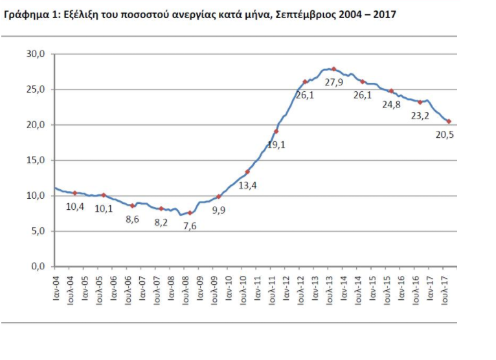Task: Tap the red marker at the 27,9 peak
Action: (333, 69)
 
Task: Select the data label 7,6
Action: (189, 226)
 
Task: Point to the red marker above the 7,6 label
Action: (190, 212)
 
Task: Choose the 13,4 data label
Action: (247, 186)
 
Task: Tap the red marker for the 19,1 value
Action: (276, 131)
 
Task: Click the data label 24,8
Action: (392, 105)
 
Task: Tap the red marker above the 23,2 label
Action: (420, 102)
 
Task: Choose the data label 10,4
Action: (75, 207)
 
